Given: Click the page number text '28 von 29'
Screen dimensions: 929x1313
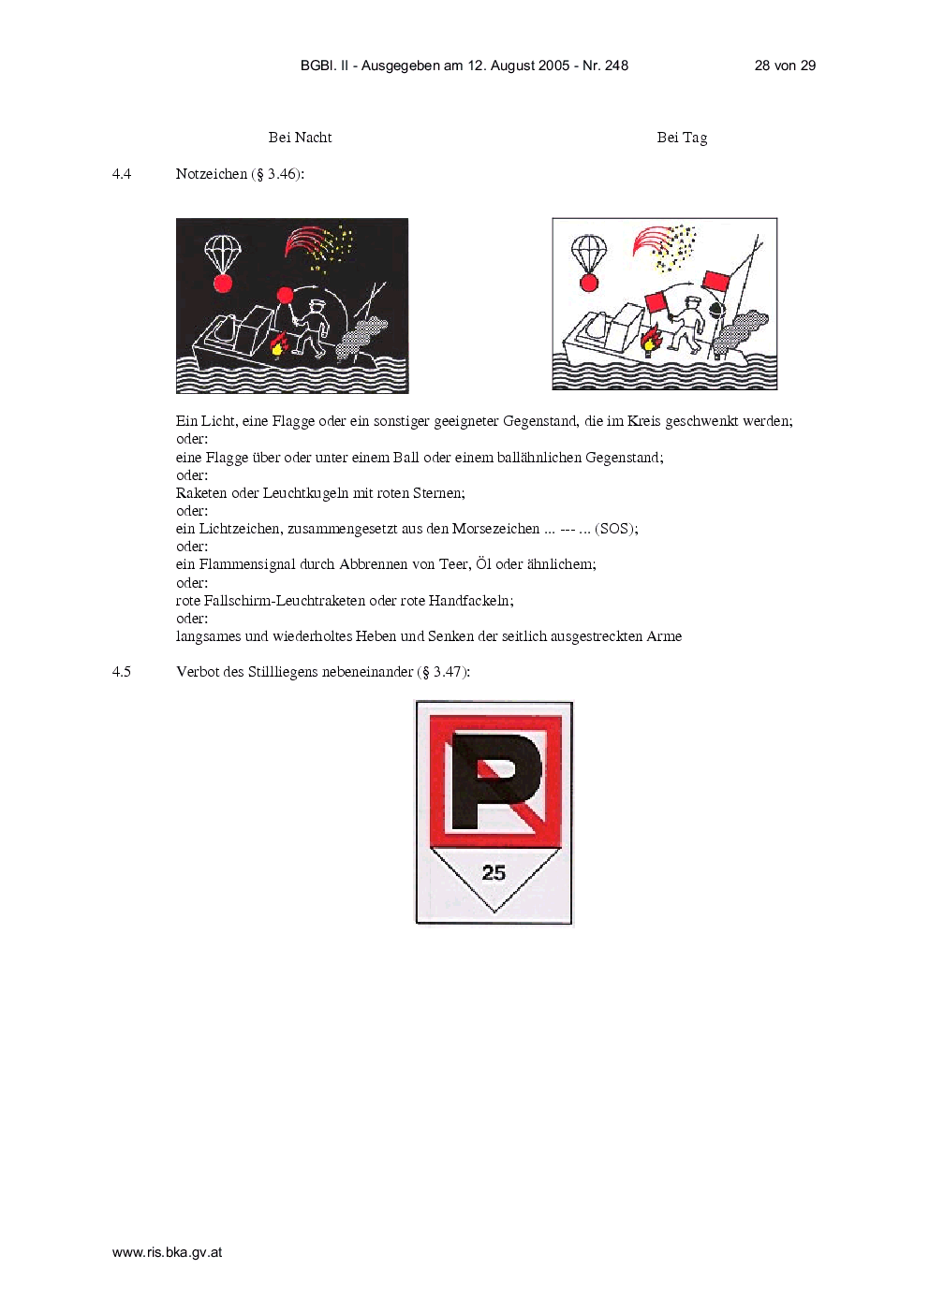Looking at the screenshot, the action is pyautogui.click(x=785, y=66).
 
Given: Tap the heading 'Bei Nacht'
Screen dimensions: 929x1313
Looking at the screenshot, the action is pyautogui.click(x=300, y=138).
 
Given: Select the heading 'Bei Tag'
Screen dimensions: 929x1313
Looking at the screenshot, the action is pyautogui.click(x=682, y=138).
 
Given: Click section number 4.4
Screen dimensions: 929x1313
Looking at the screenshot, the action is pyautogui.click(x=122, y=173).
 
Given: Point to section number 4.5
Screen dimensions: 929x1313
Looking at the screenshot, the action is pyautogui.click(x=122, y=672).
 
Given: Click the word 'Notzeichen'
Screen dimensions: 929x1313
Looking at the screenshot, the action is pyautogui.click(x=211, y=173).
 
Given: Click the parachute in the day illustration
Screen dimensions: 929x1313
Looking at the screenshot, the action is pyautogui.click(x=589, y=254).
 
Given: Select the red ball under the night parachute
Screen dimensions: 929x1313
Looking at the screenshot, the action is pyautogui.click(x=223, y=284).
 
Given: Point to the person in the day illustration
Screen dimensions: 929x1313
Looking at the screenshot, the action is pyautogui.click(x=687, y=326).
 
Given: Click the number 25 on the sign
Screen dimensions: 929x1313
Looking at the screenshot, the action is pyautogui.click(x=494, y=873).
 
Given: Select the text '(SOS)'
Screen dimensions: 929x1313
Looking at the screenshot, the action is pyautogui.click(x=616, y=529).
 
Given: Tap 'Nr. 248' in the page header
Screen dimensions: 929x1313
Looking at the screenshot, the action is pyautogui.click(x=605, y=66).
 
